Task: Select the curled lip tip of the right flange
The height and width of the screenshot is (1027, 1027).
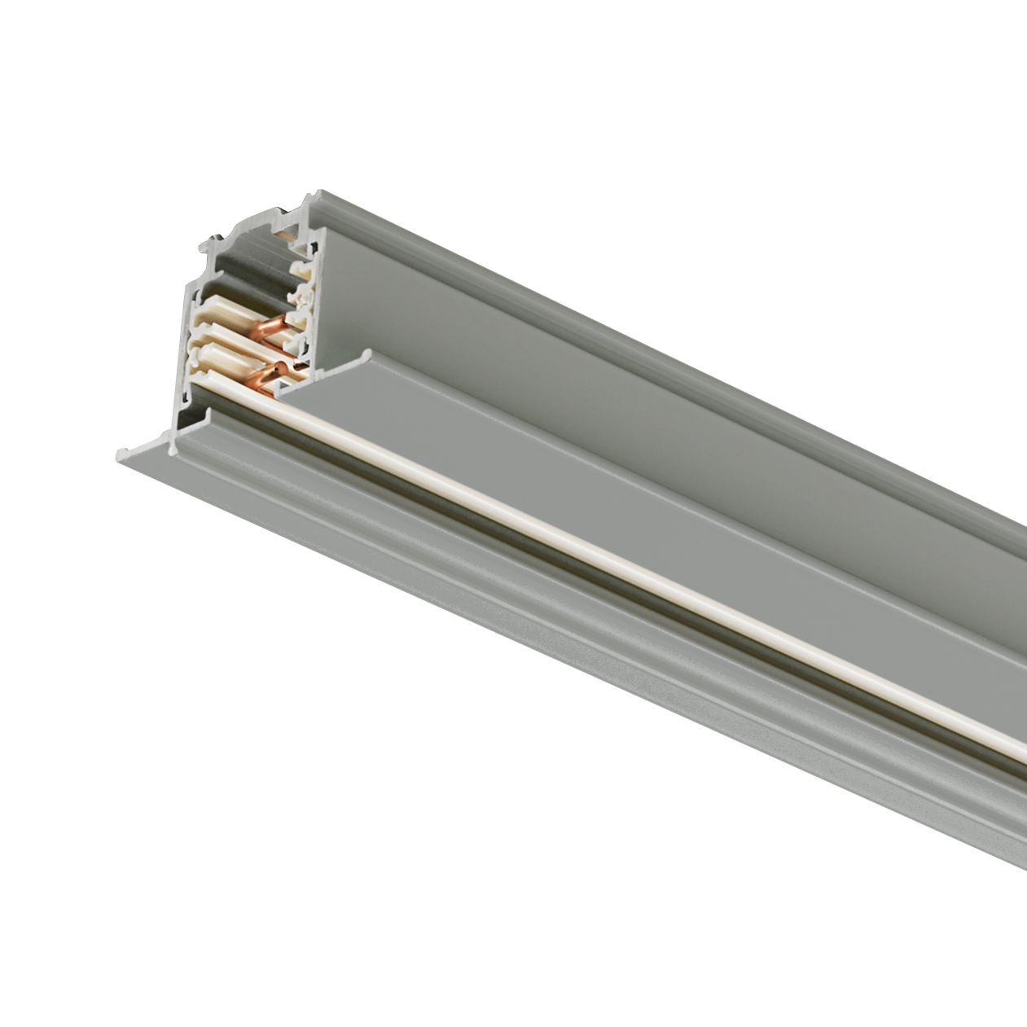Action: click(x=369, y=355)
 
